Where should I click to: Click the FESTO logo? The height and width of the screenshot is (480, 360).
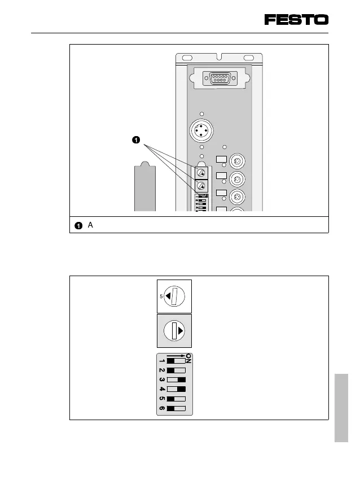[x=296, y=20]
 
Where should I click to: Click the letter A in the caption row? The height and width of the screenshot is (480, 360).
[x=90, y=225]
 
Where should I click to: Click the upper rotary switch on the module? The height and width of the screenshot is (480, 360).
[x=201, y=172]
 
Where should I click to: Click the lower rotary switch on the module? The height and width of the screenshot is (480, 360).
[x=201, y=186]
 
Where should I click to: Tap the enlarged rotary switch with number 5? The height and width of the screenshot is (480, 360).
[x=175, y=296]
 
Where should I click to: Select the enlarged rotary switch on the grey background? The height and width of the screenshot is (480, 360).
[x=175, y=331]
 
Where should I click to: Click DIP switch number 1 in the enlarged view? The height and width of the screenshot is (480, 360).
[x=176, y=360]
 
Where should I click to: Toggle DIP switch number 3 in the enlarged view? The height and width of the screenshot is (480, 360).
[x=176, y=379]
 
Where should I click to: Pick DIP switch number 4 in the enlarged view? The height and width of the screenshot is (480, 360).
[x=176, y=389]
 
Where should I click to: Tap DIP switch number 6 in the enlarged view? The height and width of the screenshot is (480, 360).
[x=176, y=408]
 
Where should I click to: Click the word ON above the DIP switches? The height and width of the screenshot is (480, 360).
[x=188, y=359]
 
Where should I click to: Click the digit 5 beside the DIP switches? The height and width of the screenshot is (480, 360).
[x=161, y=398]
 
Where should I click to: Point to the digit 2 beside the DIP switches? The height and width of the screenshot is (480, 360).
[x=161, y=369]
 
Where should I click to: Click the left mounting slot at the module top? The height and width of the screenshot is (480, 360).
[x=186, y=58]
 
